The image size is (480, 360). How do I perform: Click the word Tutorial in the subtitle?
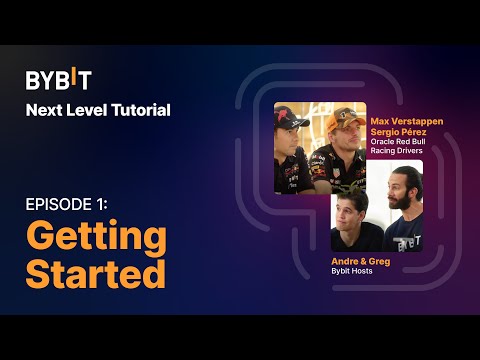tap(142, 109)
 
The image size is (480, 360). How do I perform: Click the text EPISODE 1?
tap(66, 204)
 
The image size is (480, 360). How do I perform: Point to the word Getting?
tap(95, 238)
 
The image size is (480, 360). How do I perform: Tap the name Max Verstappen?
tap(406, 120)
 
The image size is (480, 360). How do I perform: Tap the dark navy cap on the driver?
tap(294, 120)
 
